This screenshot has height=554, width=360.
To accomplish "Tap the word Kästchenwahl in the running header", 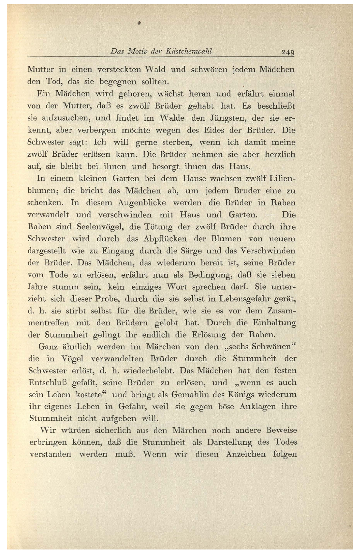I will point(189,51).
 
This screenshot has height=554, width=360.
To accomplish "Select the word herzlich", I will point(279,154).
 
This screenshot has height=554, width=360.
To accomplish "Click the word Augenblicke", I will point(142,203).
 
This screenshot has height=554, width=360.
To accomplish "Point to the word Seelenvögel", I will point(100,227).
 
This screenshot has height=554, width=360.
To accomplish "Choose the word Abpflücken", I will point(165,239).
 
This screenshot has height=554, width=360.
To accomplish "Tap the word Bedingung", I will point(209,275).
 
